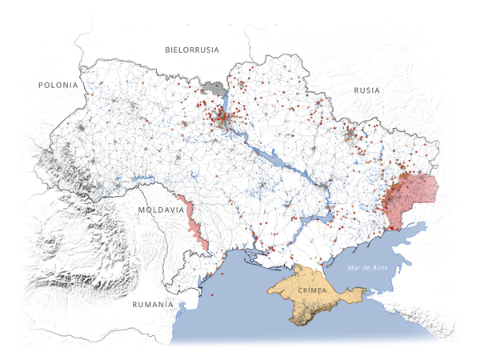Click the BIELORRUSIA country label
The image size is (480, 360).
pos(192,50)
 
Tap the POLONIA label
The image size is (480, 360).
pos(58,85)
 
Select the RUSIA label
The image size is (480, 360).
pos(366,90)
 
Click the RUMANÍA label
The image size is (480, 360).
pos(152,305)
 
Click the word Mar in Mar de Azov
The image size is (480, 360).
pos(354,267)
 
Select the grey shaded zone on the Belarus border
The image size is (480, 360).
pos(214,88)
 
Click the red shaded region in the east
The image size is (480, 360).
pos(410,197)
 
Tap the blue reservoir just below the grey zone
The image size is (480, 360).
pos(223,103)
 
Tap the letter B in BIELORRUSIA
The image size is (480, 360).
pos(168,50)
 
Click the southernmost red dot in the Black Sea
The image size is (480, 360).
pos(213,296)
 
